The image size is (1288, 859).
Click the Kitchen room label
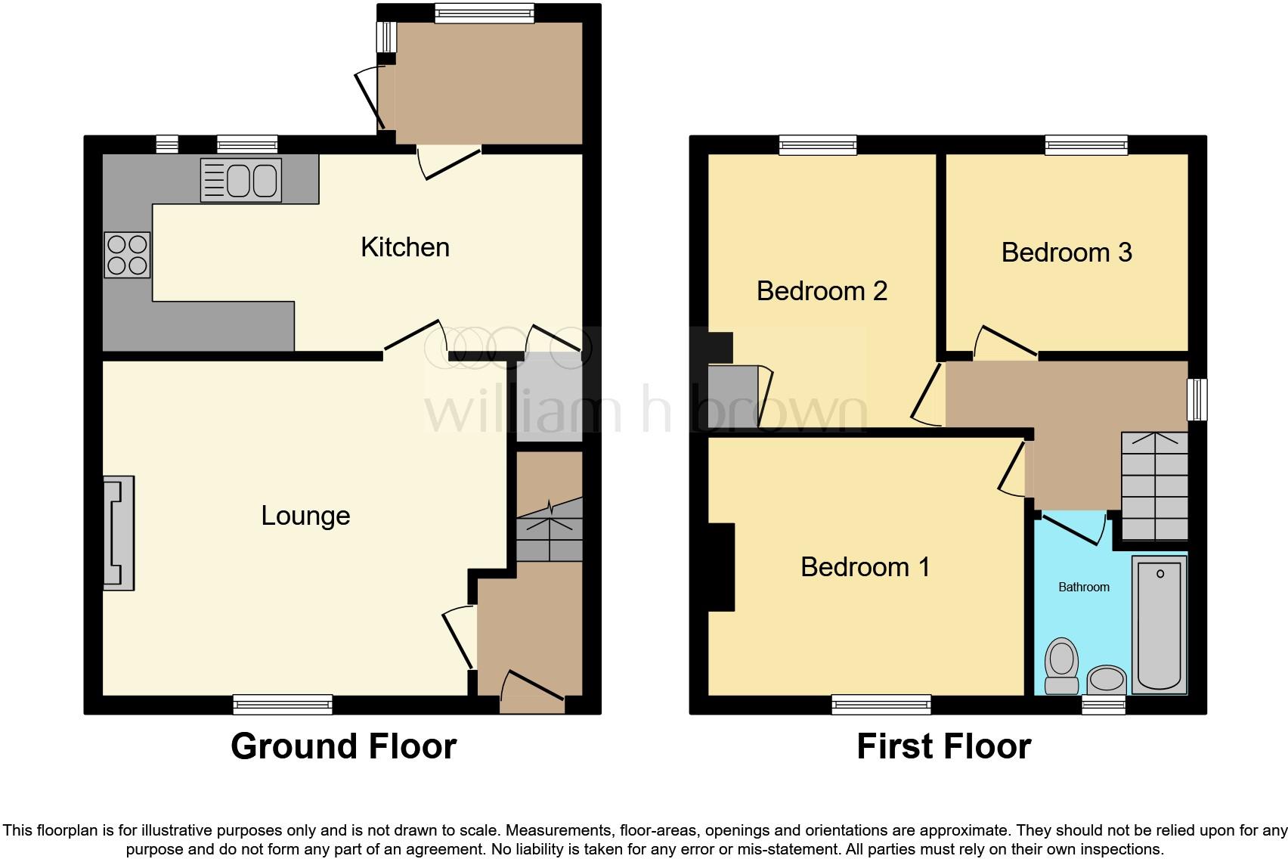tap(405, 247)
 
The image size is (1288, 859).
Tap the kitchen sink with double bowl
tap(241, 180)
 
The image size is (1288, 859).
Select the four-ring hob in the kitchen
tap(127, 255)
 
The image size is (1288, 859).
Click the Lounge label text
tap(305, 516)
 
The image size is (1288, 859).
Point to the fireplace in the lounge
tap(119, 533)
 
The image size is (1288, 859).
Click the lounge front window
tap(283, 704)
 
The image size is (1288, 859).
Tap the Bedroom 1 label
tap(865, 567)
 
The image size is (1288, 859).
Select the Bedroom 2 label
tap(822, 291)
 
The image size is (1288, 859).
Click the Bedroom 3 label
tap(1067, 253)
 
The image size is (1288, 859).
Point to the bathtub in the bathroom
tap(1159, 624)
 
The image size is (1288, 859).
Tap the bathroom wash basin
tap(1107, 678)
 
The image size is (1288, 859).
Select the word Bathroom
tap(1083, 587)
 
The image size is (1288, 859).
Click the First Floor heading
tap(943, 746)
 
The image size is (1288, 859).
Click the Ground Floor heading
tap(343, 746)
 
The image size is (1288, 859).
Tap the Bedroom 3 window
tap(1086, 145)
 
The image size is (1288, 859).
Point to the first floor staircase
tap(1154, 486)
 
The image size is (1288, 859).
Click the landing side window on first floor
tap(1197, 399)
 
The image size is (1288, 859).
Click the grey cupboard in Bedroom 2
tap(733, 396)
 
